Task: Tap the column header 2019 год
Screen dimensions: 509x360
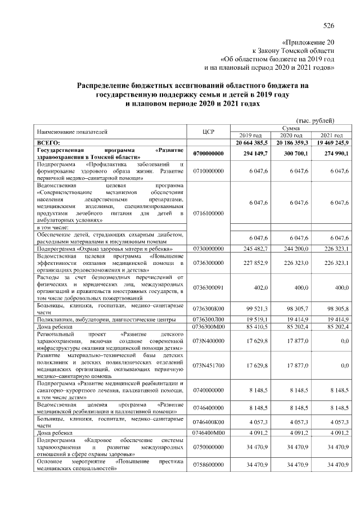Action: coord(250,136)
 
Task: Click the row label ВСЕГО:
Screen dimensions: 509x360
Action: coord(48,143)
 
